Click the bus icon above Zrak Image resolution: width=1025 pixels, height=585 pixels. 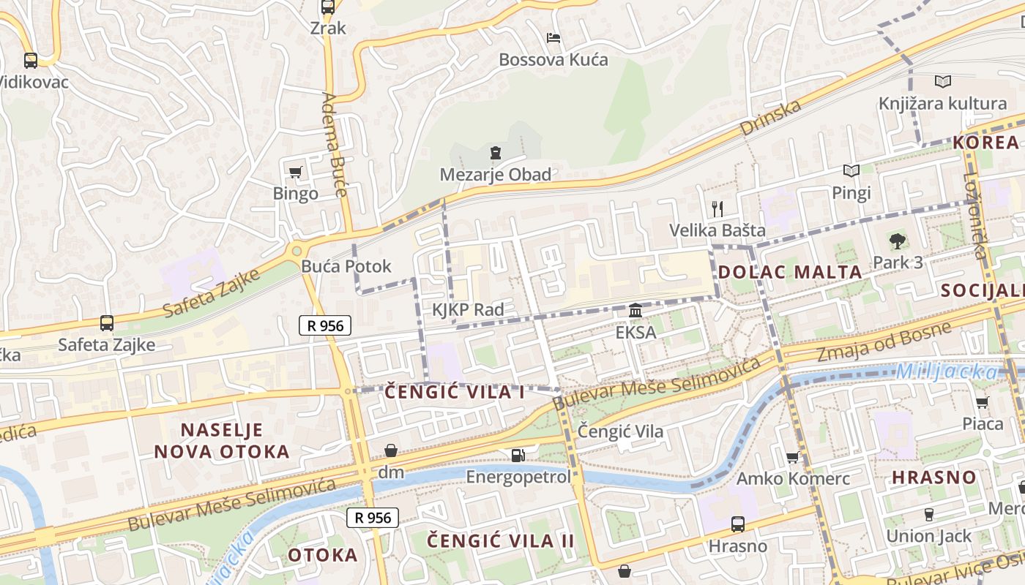coord(327,7)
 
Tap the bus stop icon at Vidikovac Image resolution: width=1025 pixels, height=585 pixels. coord(30,61)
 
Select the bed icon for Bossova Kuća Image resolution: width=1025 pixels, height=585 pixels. coord(553,37)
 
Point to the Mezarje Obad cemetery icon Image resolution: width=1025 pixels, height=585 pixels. coord(496,153)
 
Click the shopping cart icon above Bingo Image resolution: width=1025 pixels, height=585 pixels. coord(296,172)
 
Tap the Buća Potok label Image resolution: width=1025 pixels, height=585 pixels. coord(346,266)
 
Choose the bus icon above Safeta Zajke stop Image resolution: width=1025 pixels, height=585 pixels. coord(107,322)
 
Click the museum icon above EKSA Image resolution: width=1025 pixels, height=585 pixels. coord(635,311)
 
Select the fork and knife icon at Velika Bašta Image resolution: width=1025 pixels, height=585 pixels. coord(717,209)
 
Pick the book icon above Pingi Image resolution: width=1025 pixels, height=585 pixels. coord(851,171)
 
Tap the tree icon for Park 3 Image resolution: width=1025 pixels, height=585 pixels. coord(898,241)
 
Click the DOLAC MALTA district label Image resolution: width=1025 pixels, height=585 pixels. coord(790,272)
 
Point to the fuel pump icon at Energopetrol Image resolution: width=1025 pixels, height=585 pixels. coord(518,456)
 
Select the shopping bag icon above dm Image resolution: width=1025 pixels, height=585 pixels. coord(391,450)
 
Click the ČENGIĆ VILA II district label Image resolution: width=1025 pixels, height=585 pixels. coord(501,541)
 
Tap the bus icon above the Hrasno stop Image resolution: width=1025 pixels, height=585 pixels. coord(738,524)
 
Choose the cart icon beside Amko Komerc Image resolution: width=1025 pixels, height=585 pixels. coord(792,458)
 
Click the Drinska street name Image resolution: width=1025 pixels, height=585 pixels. coord(770,118)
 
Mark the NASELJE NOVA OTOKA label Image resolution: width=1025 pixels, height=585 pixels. coord(222,440)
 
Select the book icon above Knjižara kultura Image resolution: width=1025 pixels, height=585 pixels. coord(943,81)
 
